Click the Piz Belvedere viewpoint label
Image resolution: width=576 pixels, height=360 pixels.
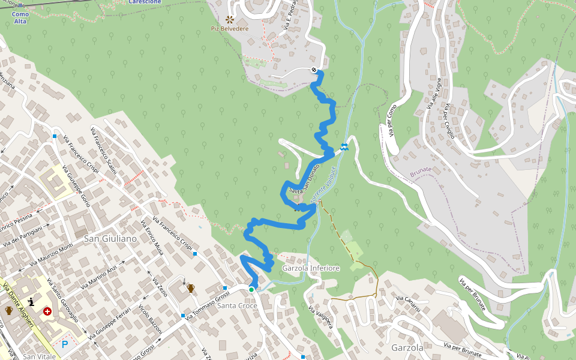(229, 28)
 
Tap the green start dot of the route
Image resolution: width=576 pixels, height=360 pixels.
(251, 290)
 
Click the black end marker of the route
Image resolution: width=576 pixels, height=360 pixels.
(314, 70)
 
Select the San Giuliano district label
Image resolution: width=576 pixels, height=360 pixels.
(110, 239)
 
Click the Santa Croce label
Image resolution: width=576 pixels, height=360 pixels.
(237, 306)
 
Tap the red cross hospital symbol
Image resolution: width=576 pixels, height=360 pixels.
(47, 311)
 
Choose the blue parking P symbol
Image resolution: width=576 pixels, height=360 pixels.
(65, 344)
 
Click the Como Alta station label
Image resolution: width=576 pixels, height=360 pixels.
(20, 17)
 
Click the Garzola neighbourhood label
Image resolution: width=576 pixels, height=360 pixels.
(407, 347)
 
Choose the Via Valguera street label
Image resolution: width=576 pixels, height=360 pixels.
(320, 317)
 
